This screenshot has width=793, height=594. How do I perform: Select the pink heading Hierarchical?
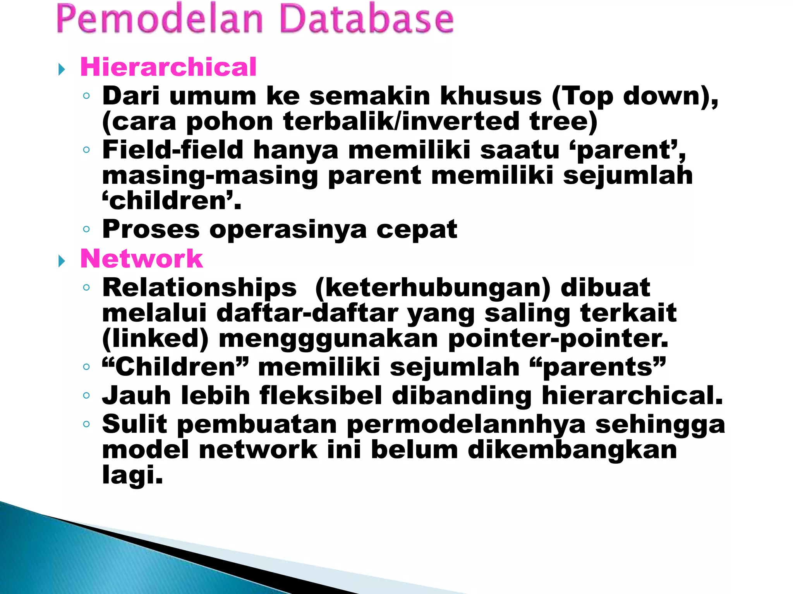tap(168, 67)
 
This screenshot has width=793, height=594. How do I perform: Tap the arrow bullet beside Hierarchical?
tap(62, 70)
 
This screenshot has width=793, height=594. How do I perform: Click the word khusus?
tap(491, 96)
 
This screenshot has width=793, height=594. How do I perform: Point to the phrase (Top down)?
tap(635, 96)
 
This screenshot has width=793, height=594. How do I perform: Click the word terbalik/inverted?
tap(401, 121)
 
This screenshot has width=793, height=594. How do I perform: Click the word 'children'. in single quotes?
tap(172, 201)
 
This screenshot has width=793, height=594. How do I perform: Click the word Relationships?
tap(199, 288)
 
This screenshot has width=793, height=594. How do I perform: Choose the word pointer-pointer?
tap(558, 339)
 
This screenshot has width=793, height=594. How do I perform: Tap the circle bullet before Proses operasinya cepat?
tap(86, 229)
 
